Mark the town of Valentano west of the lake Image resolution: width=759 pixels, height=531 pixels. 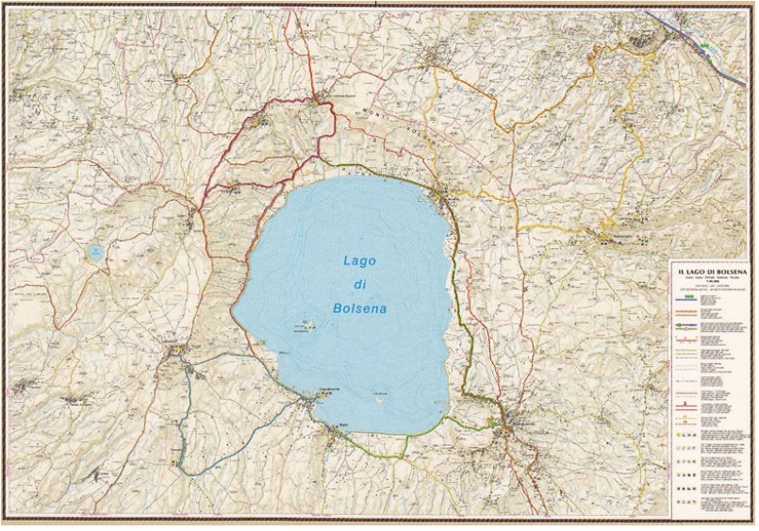(176, 353)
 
